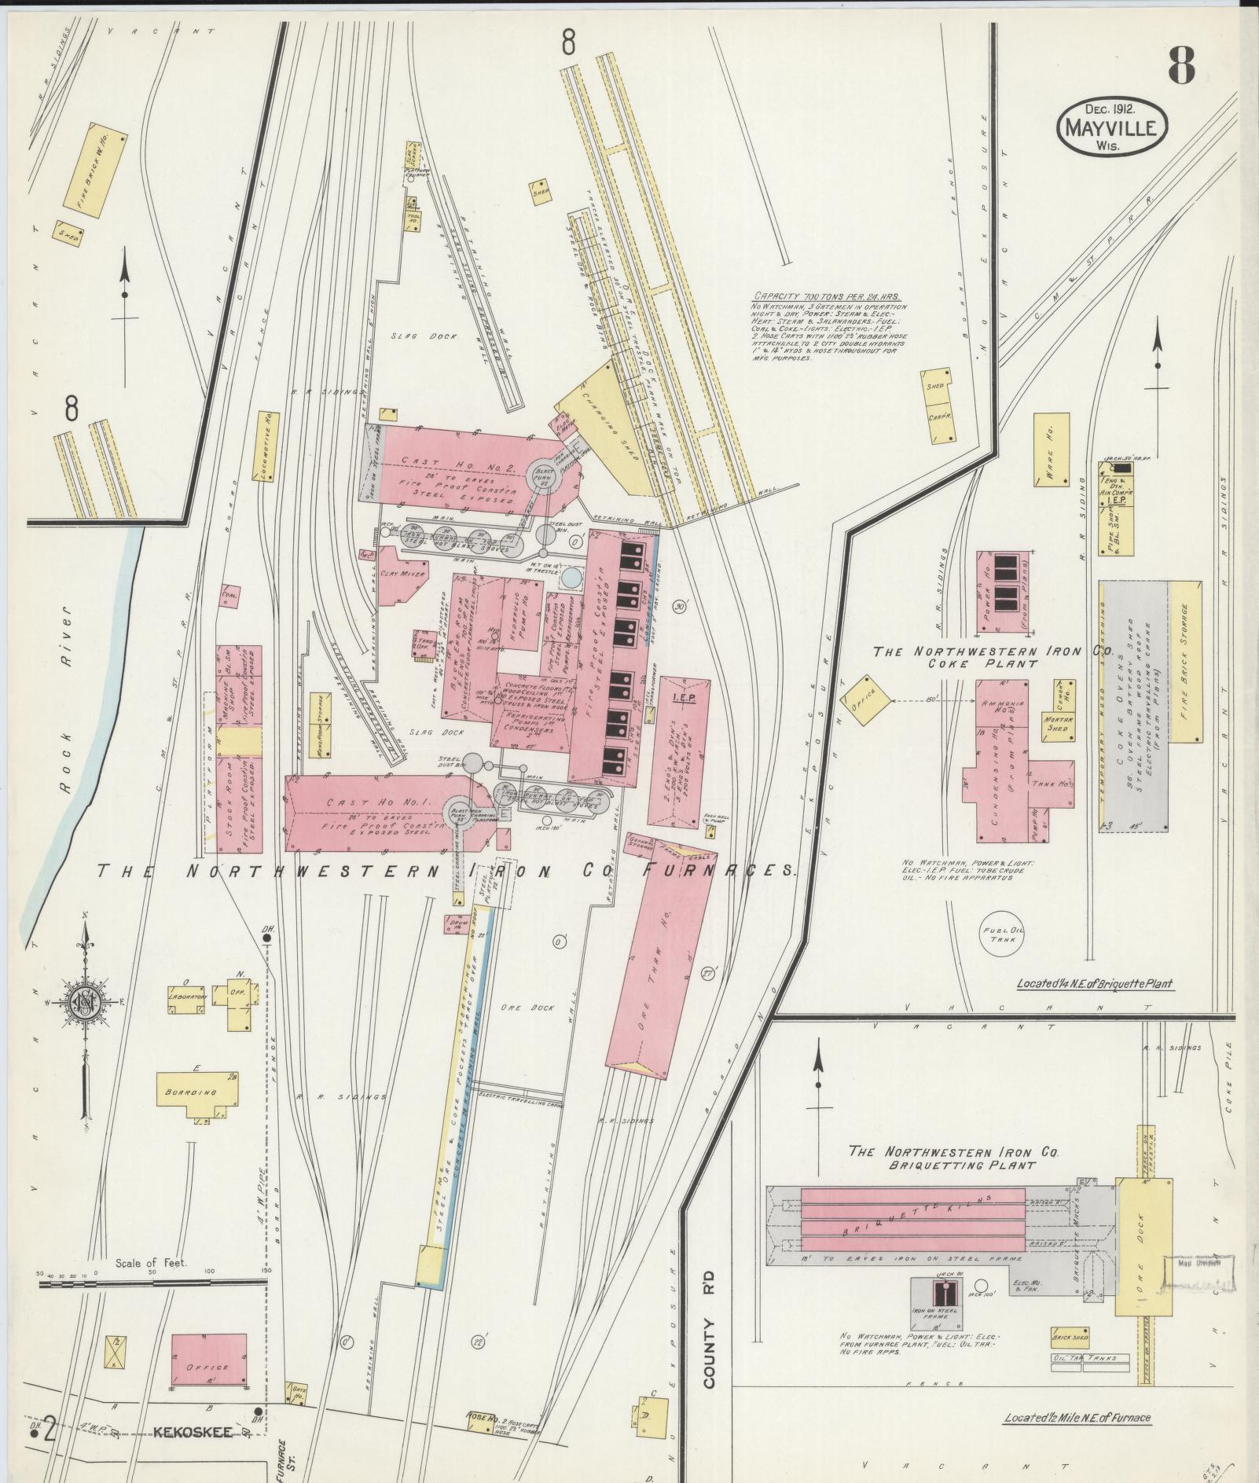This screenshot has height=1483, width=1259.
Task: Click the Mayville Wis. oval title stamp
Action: [1112, 126]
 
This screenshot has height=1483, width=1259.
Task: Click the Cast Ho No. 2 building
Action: [456, 464]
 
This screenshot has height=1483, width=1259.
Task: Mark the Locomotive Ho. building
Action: [266, 446]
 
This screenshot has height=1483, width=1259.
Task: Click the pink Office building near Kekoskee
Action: [208, 1366]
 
